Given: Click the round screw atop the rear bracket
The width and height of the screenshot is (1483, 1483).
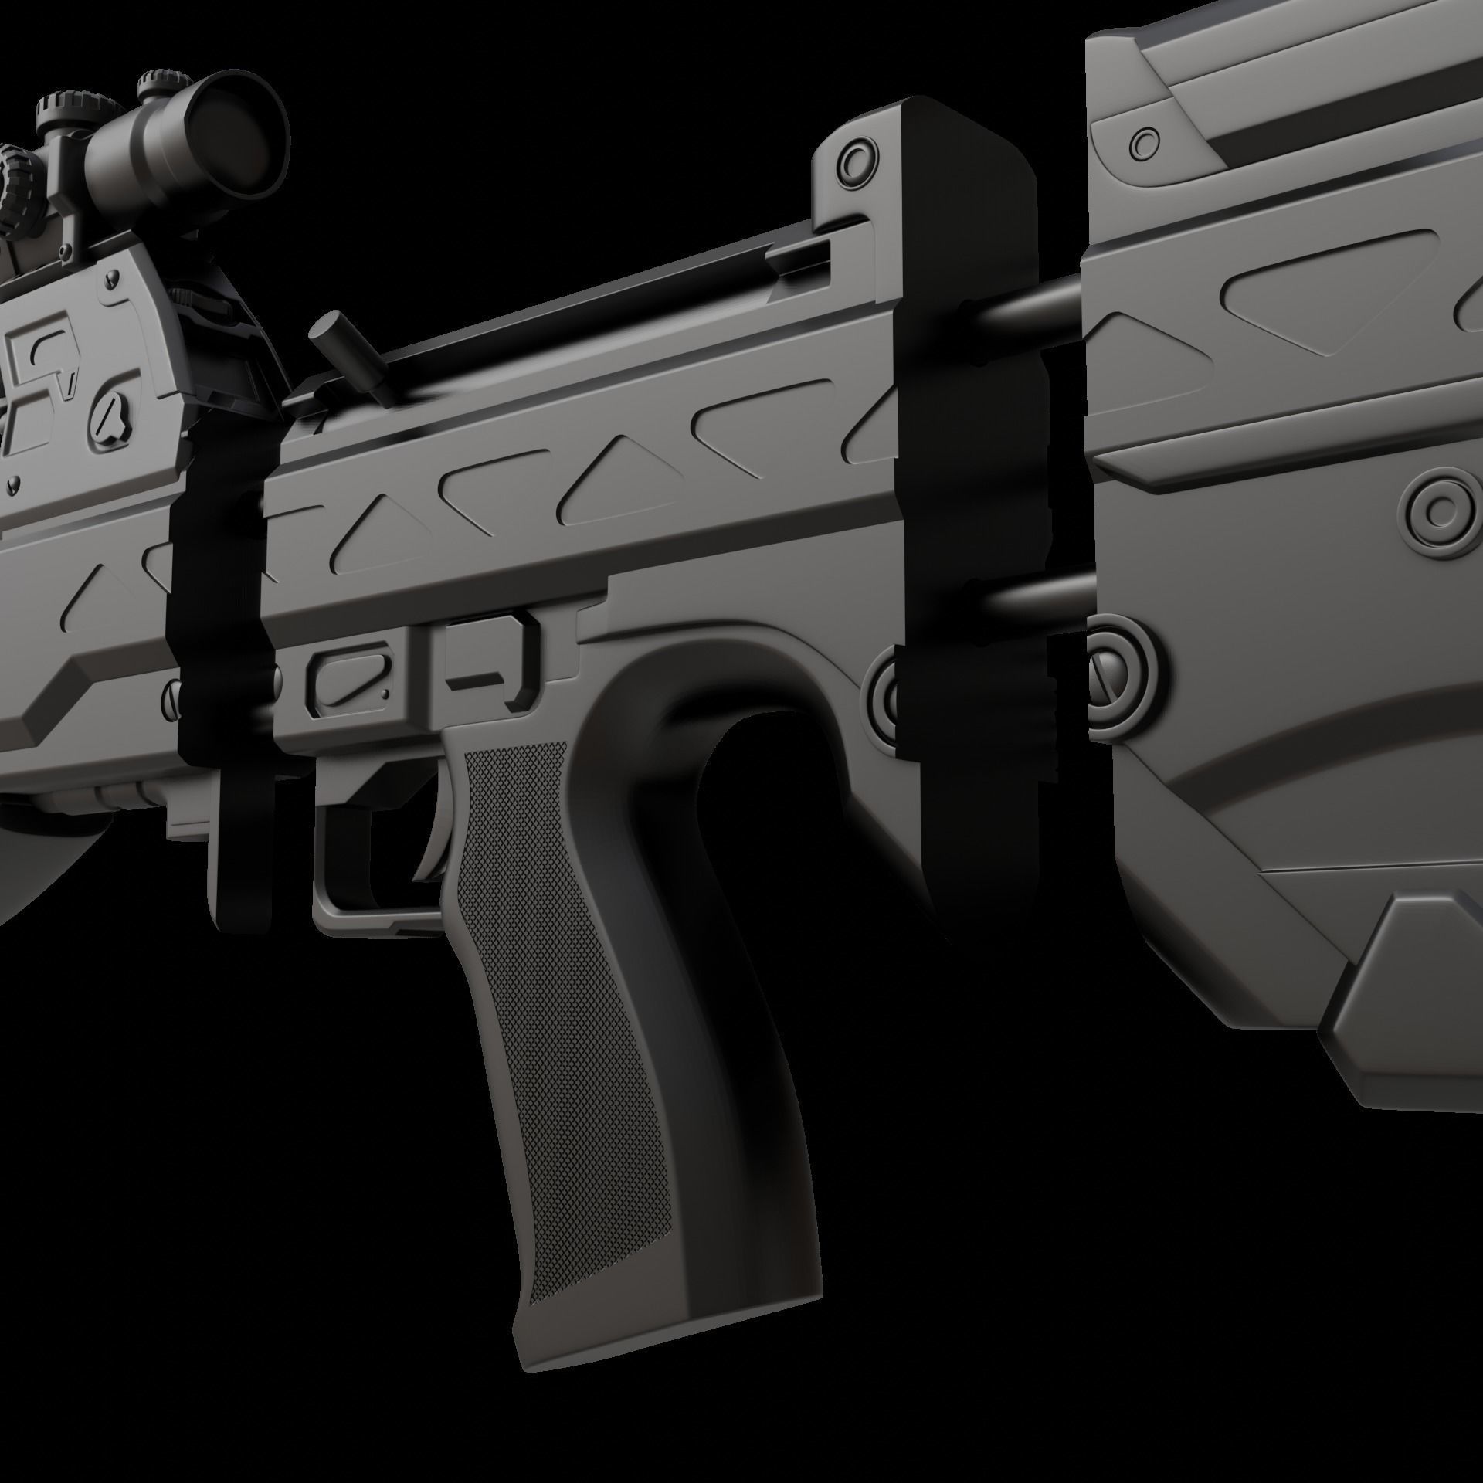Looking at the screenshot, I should pyautogui.click(x=855, y=161).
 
